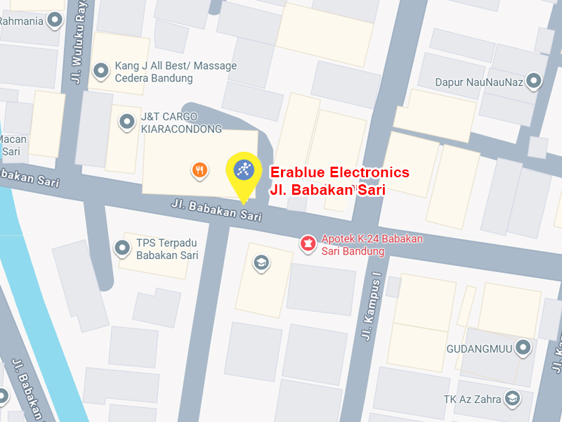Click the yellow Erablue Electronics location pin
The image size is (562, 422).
tap(243, 173)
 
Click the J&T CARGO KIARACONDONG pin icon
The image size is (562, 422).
tap(127, 122)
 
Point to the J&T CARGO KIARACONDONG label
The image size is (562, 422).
tap(181, 122)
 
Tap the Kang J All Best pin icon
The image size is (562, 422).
tap(101, 70)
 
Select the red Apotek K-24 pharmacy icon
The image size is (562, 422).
tap(307, 244)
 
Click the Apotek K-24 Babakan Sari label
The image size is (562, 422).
tap(372, 245)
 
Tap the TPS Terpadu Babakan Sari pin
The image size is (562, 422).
tap(122, 248)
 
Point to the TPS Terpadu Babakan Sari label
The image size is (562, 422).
tap(167, 249)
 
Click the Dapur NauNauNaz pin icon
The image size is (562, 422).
tap(535, 82)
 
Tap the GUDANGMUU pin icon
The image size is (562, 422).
tap(523, 347)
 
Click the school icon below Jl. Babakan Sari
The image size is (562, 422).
tap(262, 263)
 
